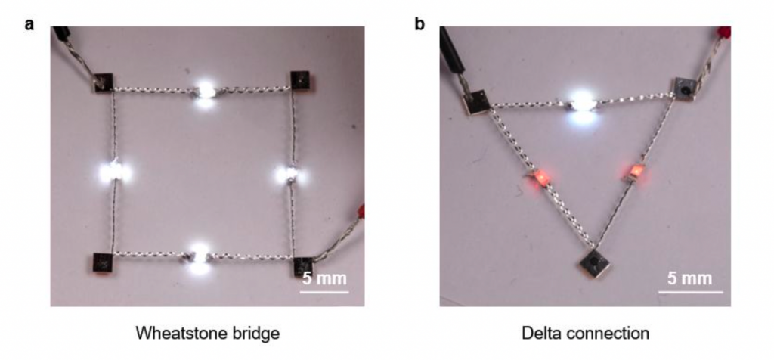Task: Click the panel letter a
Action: pyautogui.click(x=29, y=24)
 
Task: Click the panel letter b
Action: pyautogui.click(x=420, y=23)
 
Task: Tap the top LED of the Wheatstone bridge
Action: pyautogui.click(x=206, y=92)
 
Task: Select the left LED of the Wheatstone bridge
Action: pyautogui.click(x=114, y=172)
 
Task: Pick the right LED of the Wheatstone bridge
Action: pyautogui.click(x=289, y=174)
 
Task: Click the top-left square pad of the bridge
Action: pyautogui.click(x=104, y=82)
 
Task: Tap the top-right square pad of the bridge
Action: pyautogui.click(x=300, y=80)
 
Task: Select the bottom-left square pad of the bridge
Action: pyautogui.click(x=103, y=262)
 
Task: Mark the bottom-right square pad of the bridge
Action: pyautogui.click(x=303, y=267)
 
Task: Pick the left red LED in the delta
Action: pyautogui.click(x=541, y=177)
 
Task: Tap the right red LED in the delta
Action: pyautogui.click(x=634, y=172)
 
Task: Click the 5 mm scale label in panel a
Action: pyautogui.click(x=324, y=278)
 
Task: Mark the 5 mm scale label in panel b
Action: pyautogui.click(x=689, y=278)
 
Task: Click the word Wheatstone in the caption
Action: pyautogui.click(x=174, y=334)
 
